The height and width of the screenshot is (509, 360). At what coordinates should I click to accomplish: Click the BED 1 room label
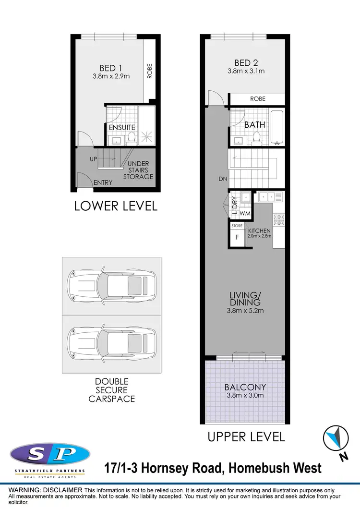[x=111, y=68]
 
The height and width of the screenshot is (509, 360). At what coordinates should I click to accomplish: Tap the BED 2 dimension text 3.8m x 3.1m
[x=246, y=71]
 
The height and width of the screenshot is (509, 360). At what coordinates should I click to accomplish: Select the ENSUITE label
[x=122, y=127]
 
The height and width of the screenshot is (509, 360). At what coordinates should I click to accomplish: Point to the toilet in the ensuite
[x=131, y=139]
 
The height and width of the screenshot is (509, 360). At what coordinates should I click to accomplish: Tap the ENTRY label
[x=103, y=182]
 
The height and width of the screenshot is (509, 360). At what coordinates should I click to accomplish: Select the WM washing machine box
[x=245, y=213]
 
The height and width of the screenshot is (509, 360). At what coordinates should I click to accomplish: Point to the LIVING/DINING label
[x=245, y=299]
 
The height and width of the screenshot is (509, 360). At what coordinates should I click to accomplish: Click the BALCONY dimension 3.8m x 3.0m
[x=245, y=396]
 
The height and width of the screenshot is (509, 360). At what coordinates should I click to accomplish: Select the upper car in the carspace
[x=111, y=287]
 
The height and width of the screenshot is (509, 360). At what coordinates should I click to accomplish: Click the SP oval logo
[x=50, y=453]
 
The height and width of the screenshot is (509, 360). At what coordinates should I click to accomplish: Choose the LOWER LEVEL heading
[x=116, y=206]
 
